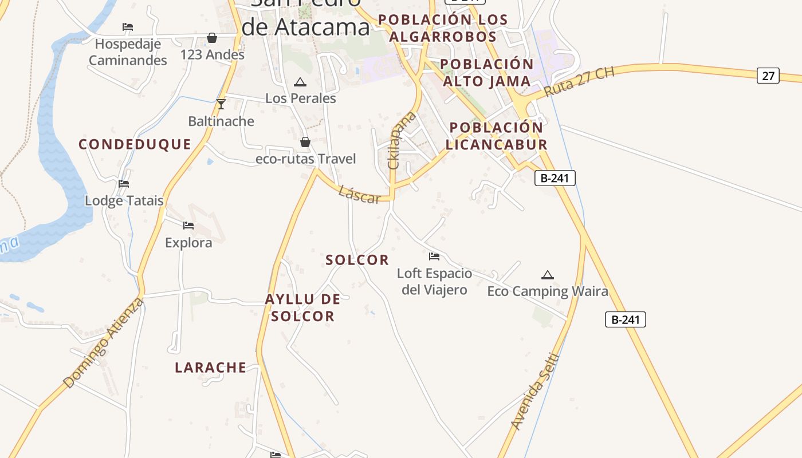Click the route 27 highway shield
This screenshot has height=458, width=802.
(768, 75)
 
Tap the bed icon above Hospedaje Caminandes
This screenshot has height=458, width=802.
(128, 27)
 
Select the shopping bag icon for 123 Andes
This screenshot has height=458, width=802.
(212, 38)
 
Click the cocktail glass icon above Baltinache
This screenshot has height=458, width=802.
(221, 104)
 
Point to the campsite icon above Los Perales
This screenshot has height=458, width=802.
(300, 82)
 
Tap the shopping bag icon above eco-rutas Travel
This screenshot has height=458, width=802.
(305, 142)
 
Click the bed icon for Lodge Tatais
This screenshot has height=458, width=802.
(124, 184)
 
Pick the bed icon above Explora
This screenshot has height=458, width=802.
(188, 226)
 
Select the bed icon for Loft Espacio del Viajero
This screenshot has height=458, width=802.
(434, 256)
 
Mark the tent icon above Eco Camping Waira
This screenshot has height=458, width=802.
(548, 275)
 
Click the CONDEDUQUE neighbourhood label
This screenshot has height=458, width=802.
(135, 144)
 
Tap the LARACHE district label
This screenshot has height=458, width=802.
(210, 368)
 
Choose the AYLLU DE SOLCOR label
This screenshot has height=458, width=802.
(302, 307)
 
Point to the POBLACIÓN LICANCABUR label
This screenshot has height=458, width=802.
(496, 136)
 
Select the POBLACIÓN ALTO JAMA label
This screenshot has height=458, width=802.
(488, 72)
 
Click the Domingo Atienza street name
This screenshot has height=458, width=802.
(103, 342)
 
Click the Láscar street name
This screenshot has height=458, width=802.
(359, 195)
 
